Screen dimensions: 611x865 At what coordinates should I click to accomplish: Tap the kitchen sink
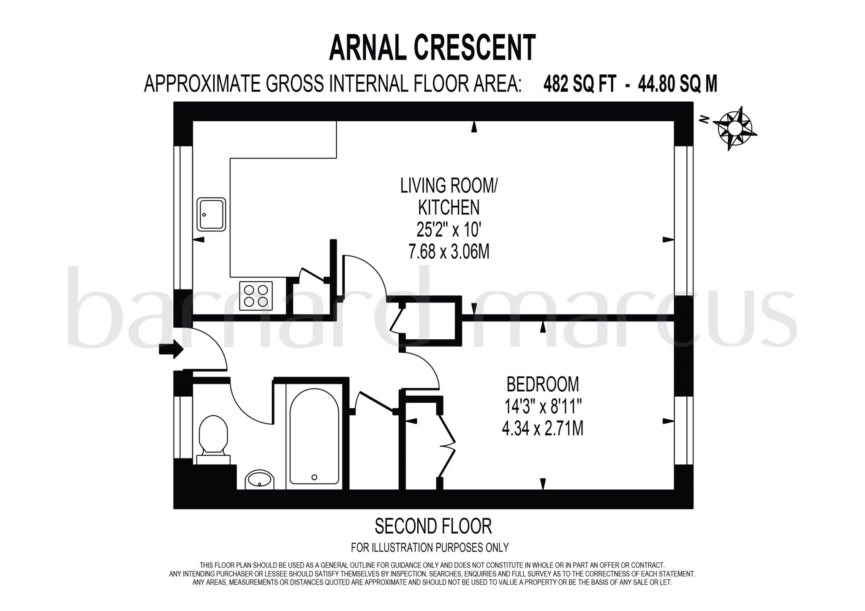[211, 214]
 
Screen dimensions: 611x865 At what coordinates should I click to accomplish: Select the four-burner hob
[256, 295]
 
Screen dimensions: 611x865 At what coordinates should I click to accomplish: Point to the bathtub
[314, 436]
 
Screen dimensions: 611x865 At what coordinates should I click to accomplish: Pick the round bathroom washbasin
[260, 480]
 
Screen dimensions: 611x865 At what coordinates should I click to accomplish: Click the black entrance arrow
[171, 350]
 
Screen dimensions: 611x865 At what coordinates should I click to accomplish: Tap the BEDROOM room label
[542, 385]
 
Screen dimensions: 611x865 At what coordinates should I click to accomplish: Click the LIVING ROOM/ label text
[449, 186]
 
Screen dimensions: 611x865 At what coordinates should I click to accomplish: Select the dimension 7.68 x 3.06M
[449, 252]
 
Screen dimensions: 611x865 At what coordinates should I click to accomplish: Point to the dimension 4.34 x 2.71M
[542, 429]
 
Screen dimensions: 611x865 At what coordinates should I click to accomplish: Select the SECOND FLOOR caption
[433, 526]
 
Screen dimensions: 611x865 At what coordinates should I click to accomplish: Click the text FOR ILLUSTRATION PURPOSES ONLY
[430, 548]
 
